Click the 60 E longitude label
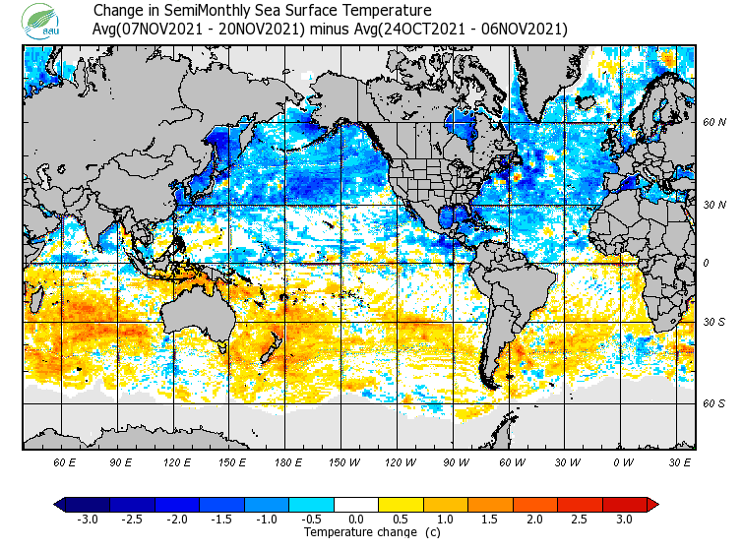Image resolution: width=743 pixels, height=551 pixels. pos(65,461)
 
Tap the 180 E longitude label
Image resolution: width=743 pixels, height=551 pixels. pos(287,461)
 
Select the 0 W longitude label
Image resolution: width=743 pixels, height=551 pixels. pos(622,461)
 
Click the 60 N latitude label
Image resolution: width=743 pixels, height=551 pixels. pos(714,123)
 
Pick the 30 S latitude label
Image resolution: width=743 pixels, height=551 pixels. pos(714,323)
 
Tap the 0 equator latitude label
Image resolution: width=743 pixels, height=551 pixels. pos(706,263)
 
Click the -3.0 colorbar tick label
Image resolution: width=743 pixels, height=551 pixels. pos(88,520)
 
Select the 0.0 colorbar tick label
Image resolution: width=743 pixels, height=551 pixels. pos(355,520)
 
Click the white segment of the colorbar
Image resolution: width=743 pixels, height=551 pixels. pos(355,505)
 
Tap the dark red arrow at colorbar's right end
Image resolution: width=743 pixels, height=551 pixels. pos(651,505)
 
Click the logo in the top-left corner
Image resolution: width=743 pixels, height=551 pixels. pos(43,21)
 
